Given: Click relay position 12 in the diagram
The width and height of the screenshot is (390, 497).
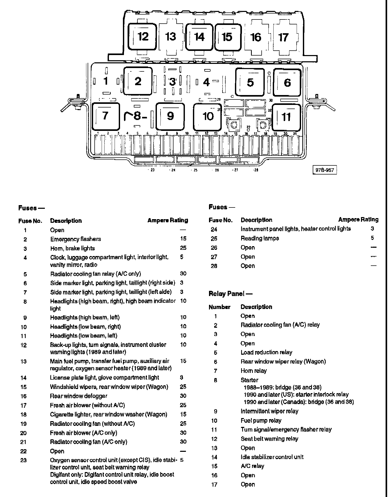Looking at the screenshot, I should (x=142, y=37).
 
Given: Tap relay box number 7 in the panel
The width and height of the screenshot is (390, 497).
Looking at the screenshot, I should (x=106, y=116).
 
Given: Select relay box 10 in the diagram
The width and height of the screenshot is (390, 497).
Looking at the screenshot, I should (x=208, y=117).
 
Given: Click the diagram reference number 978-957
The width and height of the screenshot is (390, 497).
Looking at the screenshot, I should (x=325, y=170).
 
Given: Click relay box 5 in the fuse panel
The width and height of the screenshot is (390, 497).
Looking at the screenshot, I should (x=250, y=82).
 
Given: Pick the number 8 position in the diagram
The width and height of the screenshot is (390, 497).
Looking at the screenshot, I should (x=137, y=116).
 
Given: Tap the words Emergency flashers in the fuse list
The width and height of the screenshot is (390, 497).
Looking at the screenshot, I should (x=76, y=239).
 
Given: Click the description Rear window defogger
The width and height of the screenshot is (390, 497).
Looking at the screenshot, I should (x=79, y=396).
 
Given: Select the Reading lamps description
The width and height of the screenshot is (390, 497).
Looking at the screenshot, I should (x=260, y=238).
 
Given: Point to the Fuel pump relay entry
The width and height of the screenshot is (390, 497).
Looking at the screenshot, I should (x=261, y=420).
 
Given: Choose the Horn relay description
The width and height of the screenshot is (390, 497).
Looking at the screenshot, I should (x=254, y=371).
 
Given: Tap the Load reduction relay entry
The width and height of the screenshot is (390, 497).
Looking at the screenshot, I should (x=266, y=352).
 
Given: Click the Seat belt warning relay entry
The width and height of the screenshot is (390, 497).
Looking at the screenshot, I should (x=269, y=439).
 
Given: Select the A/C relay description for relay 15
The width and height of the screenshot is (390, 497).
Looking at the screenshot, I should (x=252, y=466).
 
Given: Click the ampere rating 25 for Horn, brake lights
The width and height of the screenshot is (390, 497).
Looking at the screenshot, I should (x=183, y=248).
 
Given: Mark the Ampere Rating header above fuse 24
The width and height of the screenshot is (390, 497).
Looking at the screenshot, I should (x=358, y=220).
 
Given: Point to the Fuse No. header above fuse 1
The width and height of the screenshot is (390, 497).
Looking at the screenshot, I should (x=30, y=221).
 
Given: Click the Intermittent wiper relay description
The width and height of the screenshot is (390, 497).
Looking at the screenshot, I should (x=269, y=411).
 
